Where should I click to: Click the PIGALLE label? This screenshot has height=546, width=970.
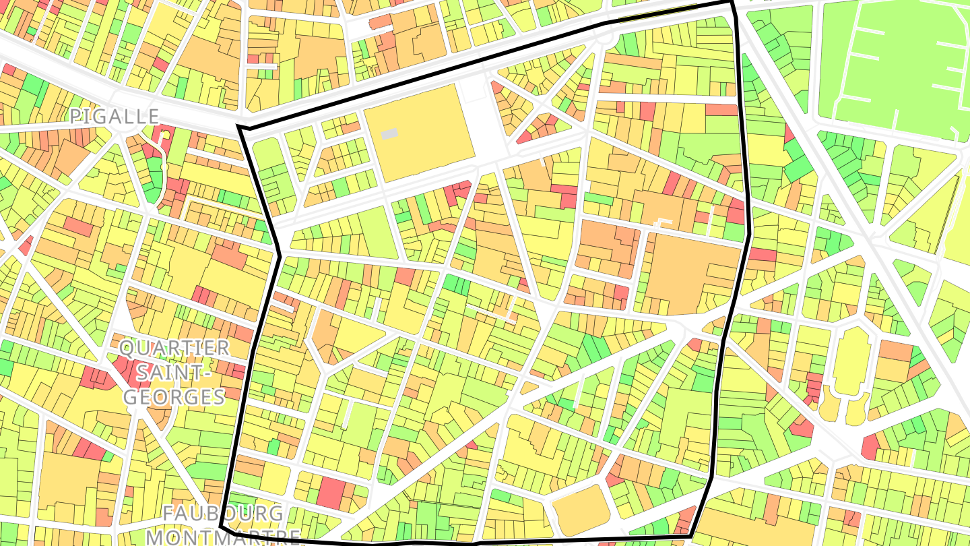(115, 116)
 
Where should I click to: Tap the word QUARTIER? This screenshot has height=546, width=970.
(174, 348)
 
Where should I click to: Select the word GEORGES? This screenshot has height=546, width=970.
(174, 396)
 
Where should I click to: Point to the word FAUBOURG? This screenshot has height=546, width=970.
(224, 513)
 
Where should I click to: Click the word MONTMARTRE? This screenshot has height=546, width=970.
(224, 537)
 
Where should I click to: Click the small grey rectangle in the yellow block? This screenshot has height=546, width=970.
(390, 134)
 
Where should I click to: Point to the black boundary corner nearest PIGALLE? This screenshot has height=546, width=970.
(239, 127)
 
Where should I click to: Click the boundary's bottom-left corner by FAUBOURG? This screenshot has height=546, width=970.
(222, 526)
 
